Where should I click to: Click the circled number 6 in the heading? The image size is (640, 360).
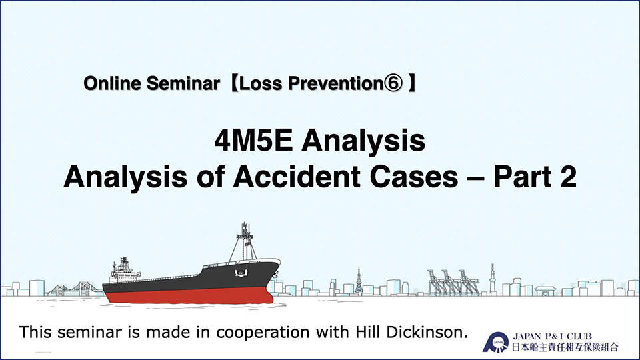[393, 83]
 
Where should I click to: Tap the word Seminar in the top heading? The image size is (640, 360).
[183, 83]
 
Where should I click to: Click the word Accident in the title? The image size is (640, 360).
[297, 177]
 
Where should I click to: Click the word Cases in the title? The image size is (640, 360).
[414, 177]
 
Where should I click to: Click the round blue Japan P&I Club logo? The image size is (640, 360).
[495, 342]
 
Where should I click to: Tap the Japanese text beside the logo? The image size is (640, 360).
[565, 347]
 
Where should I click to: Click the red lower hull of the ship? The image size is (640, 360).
[189, 295]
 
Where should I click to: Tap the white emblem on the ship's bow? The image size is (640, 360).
[241, 273]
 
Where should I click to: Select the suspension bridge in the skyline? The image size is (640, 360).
[75, 289]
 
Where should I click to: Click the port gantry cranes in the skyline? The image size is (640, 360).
[453, 282]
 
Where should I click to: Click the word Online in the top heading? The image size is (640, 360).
[112, 83]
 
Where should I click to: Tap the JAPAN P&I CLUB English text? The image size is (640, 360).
[552, 336]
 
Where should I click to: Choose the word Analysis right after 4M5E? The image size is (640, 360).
[363, 141]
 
